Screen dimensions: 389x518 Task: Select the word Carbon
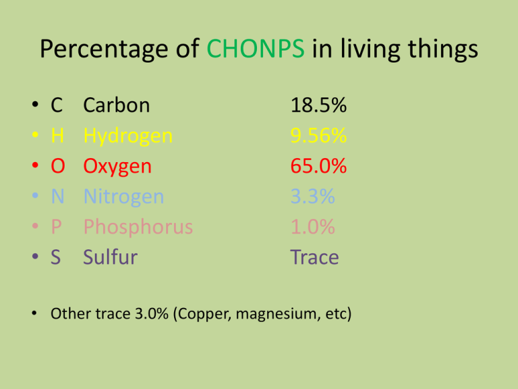[x=117, y=106]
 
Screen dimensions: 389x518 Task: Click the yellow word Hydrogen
[x=127, y=137]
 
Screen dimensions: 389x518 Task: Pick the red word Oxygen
[x=117, y=166]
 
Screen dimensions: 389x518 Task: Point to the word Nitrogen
[x=123, y=197]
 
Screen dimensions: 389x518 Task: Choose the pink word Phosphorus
[x=138, y=227]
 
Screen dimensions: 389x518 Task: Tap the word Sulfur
[x=110, y=257]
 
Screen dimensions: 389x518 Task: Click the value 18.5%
[x=318, y=106]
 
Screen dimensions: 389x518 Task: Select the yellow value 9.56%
[x=318, y=136]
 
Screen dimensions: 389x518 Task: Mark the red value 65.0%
[x=318, y=166]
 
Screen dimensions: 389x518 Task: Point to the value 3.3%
[x=312, y=197]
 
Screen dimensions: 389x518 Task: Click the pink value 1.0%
[x=312, y=227]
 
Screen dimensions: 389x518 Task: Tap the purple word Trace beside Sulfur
[x=314, y=257]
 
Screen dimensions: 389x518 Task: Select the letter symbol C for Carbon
[x=57, y=106]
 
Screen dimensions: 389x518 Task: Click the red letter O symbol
[x=57, y=166]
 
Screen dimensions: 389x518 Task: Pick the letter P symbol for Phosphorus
[x=56, y=227]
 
